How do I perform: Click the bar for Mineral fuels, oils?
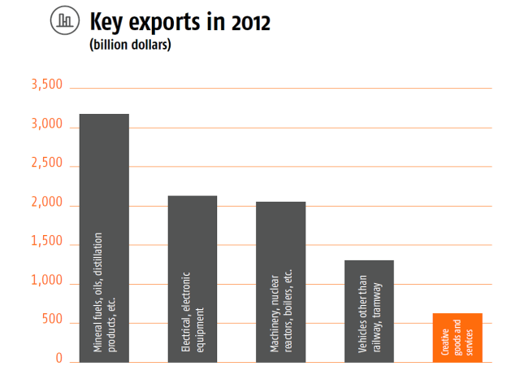pos(104,236)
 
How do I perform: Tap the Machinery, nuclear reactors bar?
pos(280,281)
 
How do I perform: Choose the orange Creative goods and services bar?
pos(457,337)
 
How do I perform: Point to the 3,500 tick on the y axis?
pos(46,86)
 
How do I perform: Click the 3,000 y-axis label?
pos(46,125)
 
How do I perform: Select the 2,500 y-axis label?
pos(46,164)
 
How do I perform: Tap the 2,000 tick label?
pos(46,203)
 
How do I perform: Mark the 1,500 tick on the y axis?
pos(46,242)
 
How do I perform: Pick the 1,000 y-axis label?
pos(46,281)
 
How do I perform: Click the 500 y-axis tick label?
pos(51,320)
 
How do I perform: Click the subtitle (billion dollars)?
pos(130,46)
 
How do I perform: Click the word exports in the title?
pos(167,23)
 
